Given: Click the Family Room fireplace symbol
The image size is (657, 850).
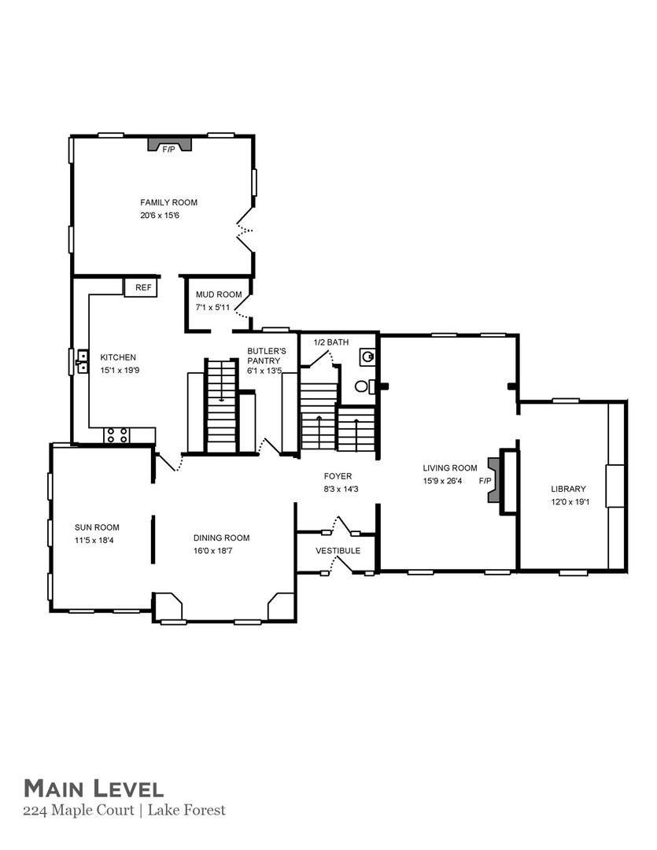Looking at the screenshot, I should click(169, 146).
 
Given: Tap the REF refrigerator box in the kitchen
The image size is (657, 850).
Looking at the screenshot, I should click(142, 288).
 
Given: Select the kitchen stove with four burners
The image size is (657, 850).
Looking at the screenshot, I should click(117, 435).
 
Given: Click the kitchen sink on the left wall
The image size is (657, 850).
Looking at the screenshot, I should click(81, 361).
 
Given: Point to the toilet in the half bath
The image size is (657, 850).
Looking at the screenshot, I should click(364, 386).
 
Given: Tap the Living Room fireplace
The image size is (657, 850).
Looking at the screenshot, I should click(494, 480).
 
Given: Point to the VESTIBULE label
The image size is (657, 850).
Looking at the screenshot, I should click(338, 551).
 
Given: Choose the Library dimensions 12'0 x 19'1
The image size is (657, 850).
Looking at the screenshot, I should click(568, 501).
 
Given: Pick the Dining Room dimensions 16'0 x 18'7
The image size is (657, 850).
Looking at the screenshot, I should click(221, 551).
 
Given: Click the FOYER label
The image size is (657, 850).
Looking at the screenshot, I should click(338, 476).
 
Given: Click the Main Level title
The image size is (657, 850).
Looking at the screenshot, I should click(93, 788).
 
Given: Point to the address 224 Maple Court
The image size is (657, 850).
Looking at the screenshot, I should click(79, 810).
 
